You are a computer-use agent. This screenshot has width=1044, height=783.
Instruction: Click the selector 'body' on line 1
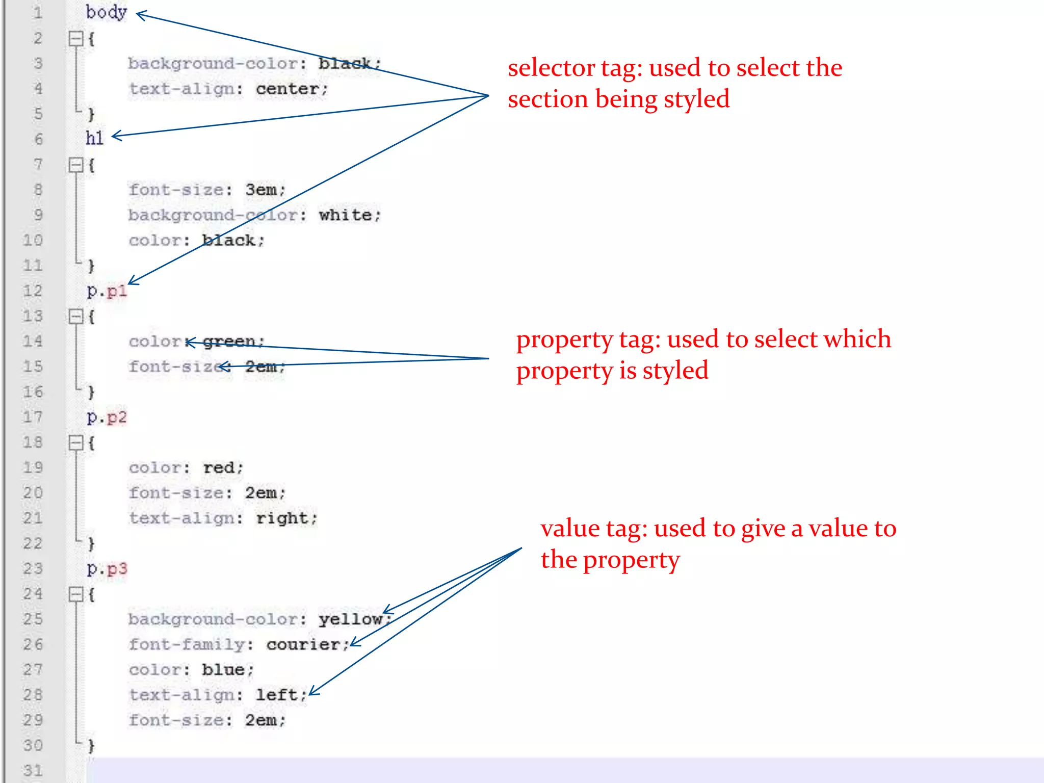coord(106,12)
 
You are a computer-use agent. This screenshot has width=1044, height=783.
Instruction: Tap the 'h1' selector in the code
coord(94,138)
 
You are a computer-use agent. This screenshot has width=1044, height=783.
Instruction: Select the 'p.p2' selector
coord(107,417)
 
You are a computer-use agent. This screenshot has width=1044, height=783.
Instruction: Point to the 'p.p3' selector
coord(107,568)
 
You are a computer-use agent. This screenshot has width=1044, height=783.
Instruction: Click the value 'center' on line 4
coord(288,89)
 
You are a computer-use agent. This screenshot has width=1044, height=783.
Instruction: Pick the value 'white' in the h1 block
coord(345,215)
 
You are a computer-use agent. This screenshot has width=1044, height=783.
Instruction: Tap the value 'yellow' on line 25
coord(350,619)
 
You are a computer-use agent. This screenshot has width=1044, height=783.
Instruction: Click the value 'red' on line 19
coord(219,467)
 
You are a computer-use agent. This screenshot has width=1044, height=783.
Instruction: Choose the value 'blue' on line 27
coord(223,669)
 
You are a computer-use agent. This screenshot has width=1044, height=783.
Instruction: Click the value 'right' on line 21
coord(282,518)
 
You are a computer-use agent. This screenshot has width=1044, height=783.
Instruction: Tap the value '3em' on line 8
coord(261,190)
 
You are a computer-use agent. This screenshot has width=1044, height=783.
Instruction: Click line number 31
coord(33,770)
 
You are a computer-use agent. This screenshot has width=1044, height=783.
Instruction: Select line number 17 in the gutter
coord(33,417)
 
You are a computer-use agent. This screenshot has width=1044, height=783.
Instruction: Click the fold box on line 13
coord(76,317)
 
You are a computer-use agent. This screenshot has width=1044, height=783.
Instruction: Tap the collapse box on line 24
coord(76,594)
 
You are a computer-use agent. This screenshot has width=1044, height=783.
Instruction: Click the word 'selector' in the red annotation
coord(551,68)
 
